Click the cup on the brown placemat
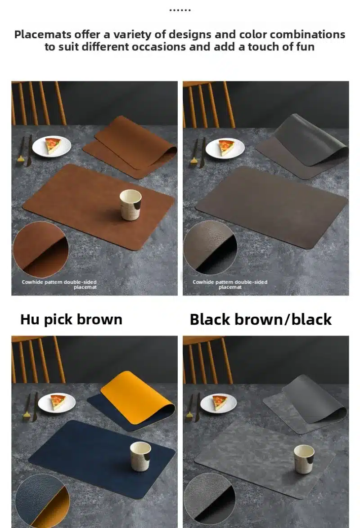click(x=130, y=205)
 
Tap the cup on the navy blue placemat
click(x=140, y=456)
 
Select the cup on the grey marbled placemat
click(x=304, y=459)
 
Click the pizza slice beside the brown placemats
click(x=53, y=145)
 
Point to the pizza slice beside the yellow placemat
click(x=58, y=401)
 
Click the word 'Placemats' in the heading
click(x=43, y=34)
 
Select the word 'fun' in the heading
click(x=306, y=47)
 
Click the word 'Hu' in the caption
click(x=30, y=319)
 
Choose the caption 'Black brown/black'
click(x=261, y=319)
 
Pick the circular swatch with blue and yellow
click(x=42, y=501)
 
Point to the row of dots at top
click(x=180, y=10)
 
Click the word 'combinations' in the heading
click(x=292, y=34)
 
